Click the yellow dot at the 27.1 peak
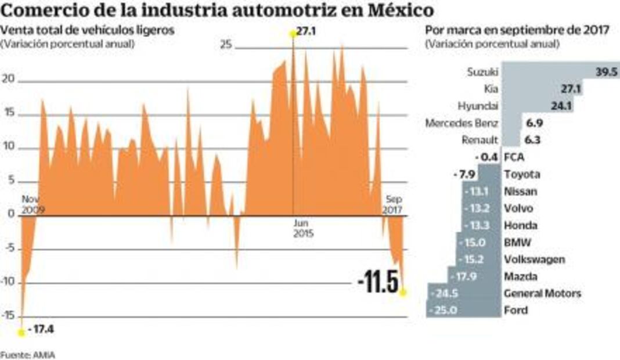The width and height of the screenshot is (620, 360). click(293, 34)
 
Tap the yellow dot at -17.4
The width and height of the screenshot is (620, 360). click(21, 332)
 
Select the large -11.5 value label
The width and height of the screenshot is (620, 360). click(378, 283)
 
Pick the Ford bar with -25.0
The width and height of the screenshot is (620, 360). click(463, 310)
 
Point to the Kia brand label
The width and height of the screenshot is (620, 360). click(491, 89)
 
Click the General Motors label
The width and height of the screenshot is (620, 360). click(542, 293)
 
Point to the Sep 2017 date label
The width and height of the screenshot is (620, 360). click(394, 204)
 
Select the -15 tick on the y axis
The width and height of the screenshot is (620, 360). click(9, 315)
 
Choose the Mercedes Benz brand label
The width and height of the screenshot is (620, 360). click(462, 123)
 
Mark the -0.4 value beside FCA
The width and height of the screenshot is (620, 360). click(486, 157)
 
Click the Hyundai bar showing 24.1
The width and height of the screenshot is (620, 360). click(537, 106)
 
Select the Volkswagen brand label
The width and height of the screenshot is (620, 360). click(535, 259)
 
